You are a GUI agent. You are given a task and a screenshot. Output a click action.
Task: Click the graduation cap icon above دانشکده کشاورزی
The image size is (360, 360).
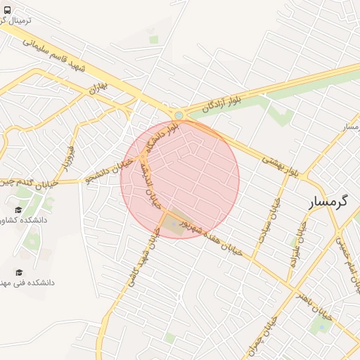click(18, 210)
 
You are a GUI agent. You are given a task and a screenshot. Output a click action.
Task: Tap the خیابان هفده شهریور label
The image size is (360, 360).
click(210, 238)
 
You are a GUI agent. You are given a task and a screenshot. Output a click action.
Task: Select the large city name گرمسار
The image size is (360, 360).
click(328, 202)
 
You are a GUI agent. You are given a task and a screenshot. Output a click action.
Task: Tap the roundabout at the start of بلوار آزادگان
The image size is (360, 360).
click(179, 115)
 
